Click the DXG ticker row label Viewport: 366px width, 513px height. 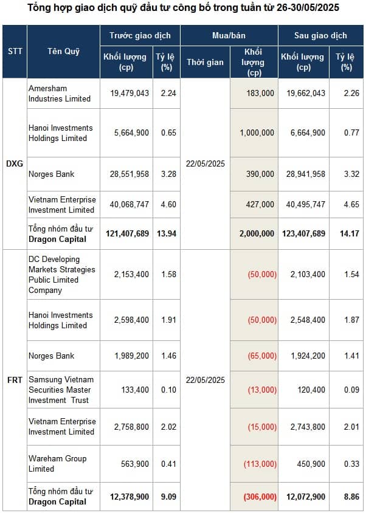[15, 164]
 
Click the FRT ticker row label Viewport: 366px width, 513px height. [15, 380]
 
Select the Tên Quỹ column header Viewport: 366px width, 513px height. [63, 52]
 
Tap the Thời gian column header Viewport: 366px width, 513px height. [205, 62]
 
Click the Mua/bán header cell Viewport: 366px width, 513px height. [229, 35]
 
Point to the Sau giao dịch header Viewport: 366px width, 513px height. [320, 35]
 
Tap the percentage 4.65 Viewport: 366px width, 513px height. [351, 204]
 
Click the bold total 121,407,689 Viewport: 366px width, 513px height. [127, 233]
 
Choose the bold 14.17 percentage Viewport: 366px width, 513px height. [350, 233]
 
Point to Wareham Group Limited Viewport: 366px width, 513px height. [57, 464]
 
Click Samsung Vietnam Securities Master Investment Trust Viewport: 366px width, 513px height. [61, 390]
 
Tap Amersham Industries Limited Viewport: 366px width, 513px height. [60, 93]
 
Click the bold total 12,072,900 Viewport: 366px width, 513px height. [304, 497]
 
